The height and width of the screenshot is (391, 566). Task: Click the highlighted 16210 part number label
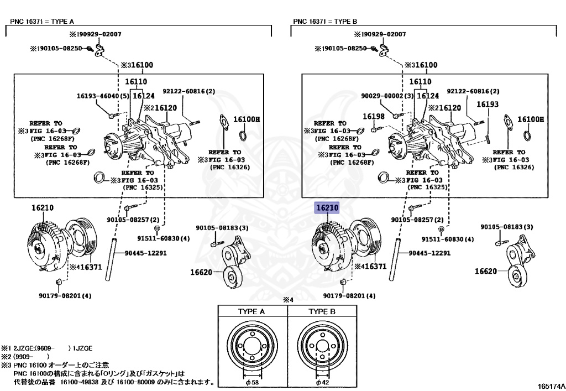[x=327, y=207]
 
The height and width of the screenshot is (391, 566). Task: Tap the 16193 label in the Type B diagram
[x=488, y=105]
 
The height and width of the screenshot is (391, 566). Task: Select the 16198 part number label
[x=374, y=116]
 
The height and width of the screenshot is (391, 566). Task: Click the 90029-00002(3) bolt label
[x=387, y=96]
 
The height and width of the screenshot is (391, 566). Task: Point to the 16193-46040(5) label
[x=102, y=96]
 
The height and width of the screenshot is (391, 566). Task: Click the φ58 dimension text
[x=251, y=382]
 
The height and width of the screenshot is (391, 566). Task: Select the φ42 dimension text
[x=322, y=382]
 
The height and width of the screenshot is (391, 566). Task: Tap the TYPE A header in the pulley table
[x=251, y=311]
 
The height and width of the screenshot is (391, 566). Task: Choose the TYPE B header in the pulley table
[x=322, y=311]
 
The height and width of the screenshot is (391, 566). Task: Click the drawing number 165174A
[x=552, y=387]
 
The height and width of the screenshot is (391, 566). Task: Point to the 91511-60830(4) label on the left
[x=164, y=238]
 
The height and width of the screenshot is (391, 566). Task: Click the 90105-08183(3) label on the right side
[x=506, y=227]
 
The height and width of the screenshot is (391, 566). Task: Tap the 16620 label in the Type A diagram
[x=201, y=272]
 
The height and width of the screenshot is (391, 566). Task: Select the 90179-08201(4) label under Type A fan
[x=65, y=296]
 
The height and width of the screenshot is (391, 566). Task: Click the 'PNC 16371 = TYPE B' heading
[x=325, y=22]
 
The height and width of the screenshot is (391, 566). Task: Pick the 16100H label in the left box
[x=247, y=119]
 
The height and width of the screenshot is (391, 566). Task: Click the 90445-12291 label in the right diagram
[x=429, y=253]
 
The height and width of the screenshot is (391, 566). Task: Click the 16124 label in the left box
[x=144, y=96]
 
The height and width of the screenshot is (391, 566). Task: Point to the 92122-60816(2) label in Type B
[x=473, y=91]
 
